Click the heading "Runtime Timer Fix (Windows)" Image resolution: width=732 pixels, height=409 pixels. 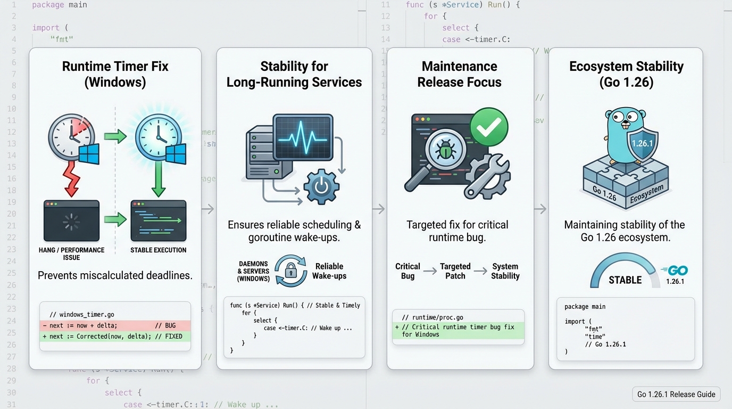click(x=115, y=74)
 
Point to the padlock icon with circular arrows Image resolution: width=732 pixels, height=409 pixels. click(x=290, y=271)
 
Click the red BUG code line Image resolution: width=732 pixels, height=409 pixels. click(x=115, y=325)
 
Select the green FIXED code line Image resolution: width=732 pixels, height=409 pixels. click(x=115, y=337)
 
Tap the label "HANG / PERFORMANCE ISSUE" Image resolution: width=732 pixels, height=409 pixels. click(x=71, y=253)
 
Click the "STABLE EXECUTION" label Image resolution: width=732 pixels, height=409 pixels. click(x=159, y=250)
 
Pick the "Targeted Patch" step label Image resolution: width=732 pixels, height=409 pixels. click(x=455, y=271)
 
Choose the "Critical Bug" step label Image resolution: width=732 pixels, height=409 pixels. click(x=407, y=271)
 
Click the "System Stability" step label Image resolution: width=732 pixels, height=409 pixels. click(x=505, y=271)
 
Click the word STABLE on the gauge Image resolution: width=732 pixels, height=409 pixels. click(x=625, y=280)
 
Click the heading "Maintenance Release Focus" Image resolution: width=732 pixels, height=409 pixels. click(x=460, y=74)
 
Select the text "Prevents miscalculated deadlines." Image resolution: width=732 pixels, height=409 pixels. click(x=115, y=275)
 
